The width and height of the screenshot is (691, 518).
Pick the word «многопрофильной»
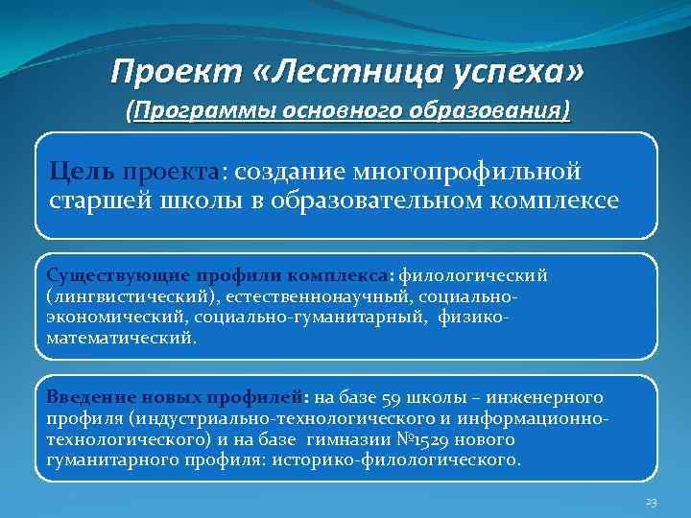(468, 171)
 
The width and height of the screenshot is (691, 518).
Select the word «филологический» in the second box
(473, 276)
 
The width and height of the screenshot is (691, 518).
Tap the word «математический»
(120, 338)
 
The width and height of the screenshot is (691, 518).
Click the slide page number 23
(650, 503)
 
